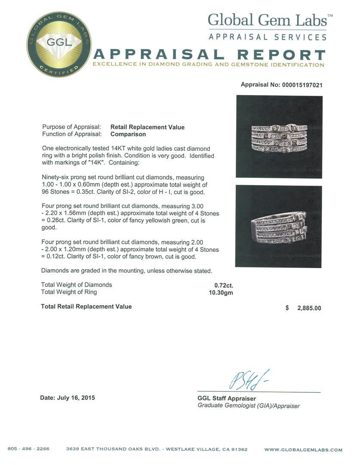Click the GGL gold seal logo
pos(59,44)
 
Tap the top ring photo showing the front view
pos(279,136)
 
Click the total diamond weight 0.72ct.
pos(224,285)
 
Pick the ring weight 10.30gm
pos(218,292)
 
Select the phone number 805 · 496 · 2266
pos(28,449)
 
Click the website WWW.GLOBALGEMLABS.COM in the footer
pos(303,449)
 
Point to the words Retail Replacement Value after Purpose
pos(148,127)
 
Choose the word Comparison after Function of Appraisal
pos(128,134)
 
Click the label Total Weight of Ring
pos(69,292)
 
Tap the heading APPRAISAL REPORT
pos(209,55)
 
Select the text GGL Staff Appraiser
pos(227,399)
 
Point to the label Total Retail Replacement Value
pos(86,307)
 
